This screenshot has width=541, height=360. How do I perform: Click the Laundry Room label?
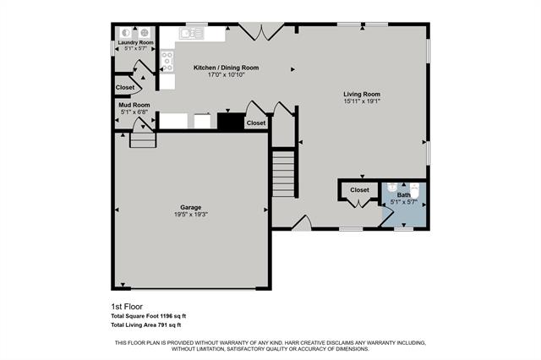(135, 42)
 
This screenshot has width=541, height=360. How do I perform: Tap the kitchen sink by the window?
(190, 34)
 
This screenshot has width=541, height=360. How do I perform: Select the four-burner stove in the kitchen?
(167, 59)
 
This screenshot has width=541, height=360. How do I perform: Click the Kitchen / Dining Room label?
(226, 68)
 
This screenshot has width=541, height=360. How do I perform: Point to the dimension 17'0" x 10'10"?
(226, 75)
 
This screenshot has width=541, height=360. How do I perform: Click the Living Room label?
(362, 94)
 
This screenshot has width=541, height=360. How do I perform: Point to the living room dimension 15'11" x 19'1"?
(362, 101)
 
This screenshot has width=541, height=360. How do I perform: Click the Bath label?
(404, 195)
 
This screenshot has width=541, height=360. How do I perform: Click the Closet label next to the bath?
(359, 190)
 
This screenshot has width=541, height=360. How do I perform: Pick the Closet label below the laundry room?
(125, 87)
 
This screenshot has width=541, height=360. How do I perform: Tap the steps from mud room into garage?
(143, 139)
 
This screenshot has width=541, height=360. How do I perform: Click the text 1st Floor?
(124, 305)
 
